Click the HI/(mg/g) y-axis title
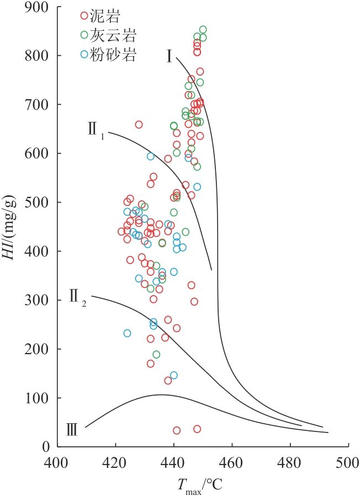[11, 227]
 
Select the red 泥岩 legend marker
[84, 15]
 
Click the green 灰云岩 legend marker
[84, 35]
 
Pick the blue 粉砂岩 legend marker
[84, 54]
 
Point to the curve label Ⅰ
[171, 56]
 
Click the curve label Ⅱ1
[95, 131]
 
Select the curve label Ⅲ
[71, 429]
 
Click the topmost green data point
[203, 30]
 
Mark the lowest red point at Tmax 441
[177, 430]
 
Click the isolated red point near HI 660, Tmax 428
[139, 125]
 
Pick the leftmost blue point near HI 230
[127, 333]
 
